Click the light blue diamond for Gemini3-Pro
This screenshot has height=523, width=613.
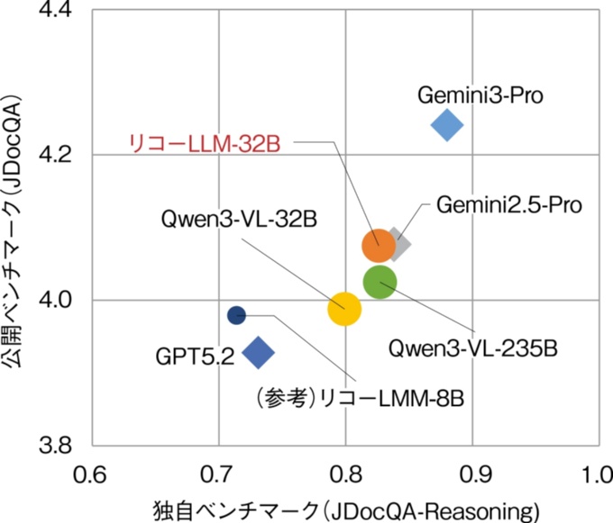point(447,125)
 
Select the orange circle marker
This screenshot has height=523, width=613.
point(379,244)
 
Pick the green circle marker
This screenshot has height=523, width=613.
point(380,283)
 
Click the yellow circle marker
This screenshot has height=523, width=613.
point(343,309)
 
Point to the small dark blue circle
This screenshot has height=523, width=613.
point(236,315)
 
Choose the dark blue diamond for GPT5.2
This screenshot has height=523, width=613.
point(259,353)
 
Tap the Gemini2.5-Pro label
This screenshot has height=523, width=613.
point(509,204)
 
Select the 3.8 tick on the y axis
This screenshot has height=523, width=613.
point(58,446)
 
